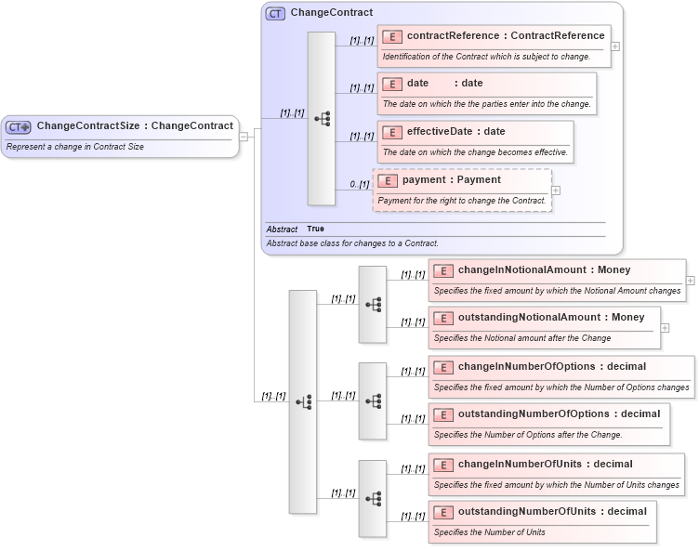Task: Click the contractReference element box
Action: click(494, 46)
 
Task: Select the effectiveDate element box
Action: click(475, 141)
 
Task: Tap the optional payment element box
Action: click(462, 190)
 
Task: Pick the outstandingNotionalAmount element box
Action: click(544, 327)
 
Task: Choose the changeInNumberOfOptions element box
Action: click(561, 376)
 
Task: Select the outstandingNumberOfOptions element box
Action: click(548, 424)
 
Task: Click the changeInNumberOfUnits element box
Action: click(556, 474)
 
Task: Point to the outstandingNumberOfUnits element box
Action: click(542, 521)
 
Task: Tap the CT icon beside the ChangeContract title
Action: click(275, 14)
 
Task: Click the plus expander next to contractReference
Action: click(616, 46)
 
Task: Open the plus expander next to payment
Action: click(556, 190)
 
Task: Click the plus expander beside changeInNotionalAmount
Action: click(691, 280)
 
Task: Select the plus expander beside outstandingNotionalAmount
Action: click(666, 327)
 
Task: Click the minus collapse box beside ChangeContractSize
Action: click(244, 136)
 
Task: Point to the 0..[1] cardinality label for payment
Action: click(360, 184)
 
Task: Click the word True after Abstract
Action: click(315, 229)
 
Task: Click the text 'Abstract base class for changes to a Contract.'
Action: click(352, 243)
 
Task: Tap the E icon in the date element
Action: click(392, 84)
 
